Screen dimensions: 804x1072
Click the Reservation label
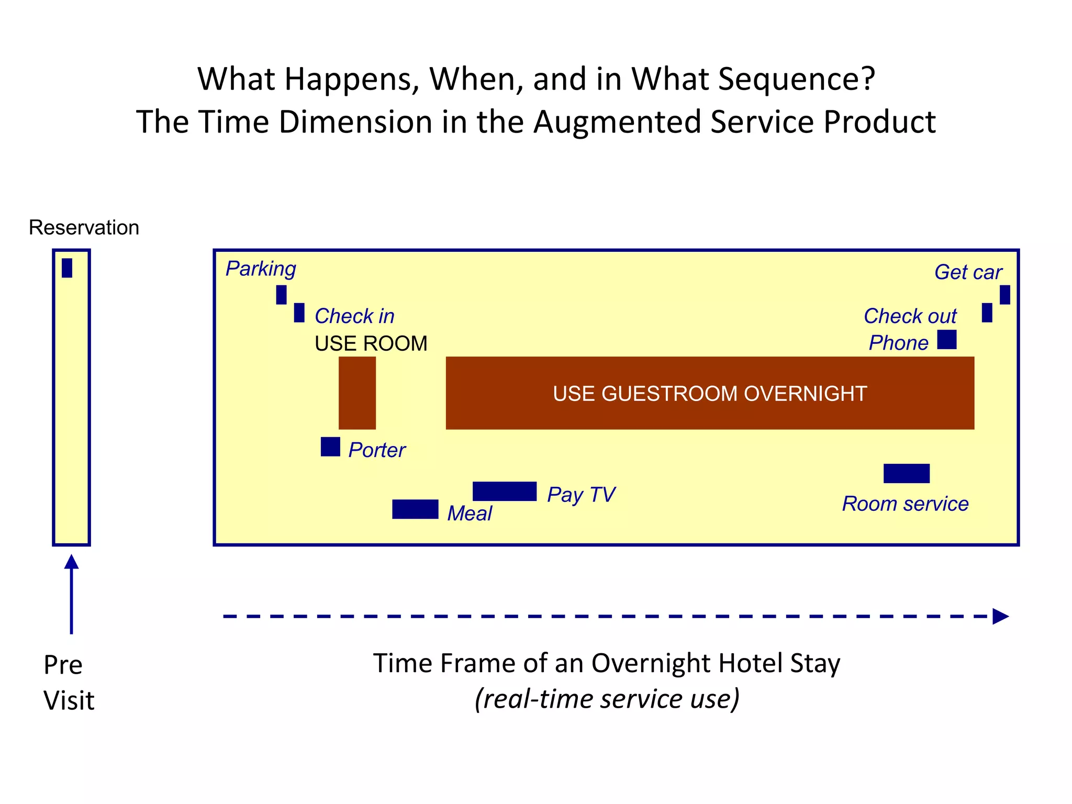coord(84,228)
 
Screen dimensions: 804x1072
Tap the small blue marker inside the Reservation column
coord(67,268)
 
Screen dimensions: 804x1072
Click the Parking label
coord(261,269)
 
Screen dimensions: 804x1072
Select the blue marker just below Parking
coord(281,295)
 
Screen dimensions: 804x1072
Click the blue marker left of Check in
coord(299,312)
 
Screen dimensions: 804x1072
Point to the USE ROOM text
coord(371,343)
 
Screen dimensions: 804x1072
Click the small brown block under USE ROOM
coord(357,393)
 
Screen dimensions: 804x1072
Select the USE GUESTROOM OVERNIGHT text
coord(709,394)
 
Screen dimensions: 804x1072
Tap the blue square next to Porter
coord(330,446)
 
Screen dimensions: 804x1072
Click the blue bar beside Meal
coord(415,509)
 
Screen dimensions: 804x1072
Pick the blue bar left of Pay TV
coord(504,491)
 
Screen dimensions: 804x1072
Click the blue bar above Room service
coord(906,473)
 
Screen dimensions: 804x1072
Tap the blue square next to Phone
coord(946,339)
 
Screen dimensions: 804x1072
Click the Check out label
coord(910,316)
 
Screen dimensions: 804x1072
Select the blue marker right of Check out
coord(987,312)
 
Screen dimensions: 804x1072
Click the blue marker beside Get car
coord(1004,295)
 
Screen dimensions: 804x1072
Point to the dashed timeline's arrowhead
coord(1000,616)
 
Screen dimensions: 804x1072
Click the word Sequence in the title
coord(796,79)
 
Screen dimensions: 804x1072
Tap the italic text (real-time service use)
coord(607,699)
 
